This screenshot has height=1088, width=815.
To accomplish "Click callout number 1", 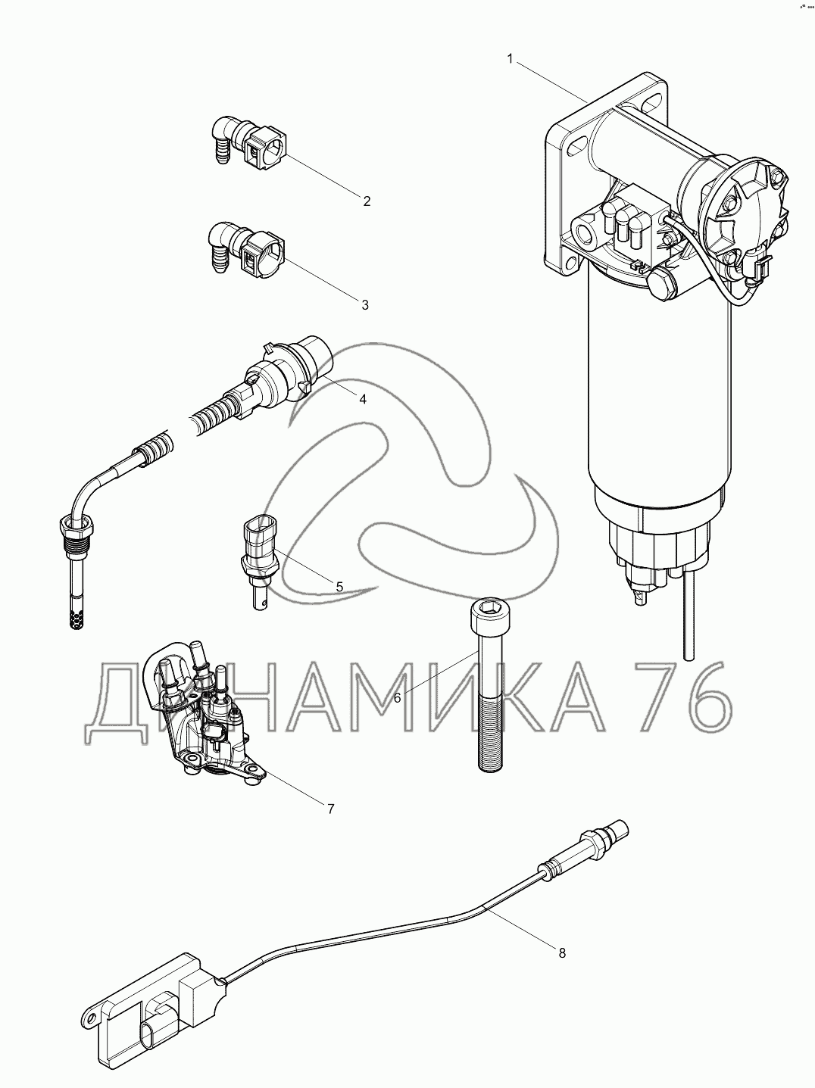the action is tap(510, 59).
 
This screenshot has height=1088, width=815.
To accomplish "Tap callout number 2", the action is tap(367, 201).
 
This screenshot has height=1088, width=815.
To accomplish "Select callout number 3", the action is tap(365, 305).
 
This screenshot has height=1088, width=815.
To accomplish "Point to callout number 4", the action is tap(363, 399).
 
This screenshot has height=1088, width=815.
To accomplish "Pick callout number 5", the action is tap(339, 587).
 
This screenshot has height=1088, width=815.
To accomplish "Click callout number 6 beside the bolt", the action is tap(397, 698).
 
